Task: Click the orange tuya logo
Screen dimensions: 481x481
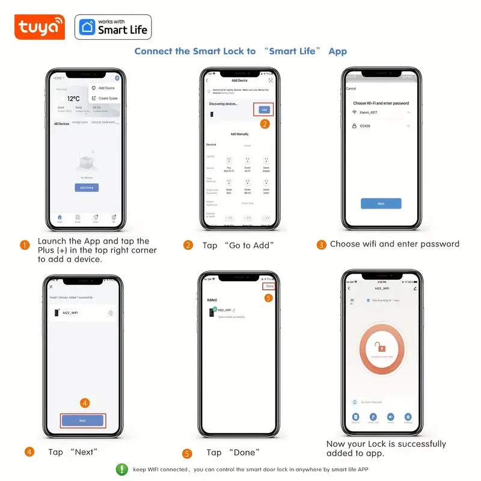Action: [39, 27]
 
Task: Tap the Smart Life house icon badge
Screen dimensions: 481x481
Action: [86, 28]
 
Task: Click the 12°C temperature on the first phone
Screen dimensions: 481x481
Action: [73, 99]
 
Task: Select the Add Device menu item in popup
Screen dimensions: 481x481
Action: [106, 88]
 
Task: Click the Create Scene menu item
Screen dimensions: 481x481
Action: [108, 98]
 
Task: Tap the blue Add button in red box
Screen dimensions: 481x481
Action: [264, 109]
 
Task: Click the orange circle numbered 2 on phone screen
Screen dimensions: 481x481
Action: [265, 124]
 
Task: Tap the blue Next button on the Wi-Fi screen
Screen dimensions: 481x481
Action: [381, 204]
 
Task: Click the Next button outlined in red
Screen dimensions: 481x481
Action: [82, 420]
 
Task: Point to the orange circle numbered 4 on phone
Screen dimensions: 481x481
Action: [85, 403]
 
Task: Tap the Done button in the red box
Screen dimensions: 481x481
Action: [269, 286]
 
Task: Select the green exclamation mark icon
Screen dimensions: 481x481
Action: [122, 469]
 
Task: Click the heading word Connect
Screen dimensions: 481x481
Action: [153, 51]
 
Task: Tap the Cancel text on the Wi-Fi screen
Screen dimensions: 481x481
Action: [351, 88]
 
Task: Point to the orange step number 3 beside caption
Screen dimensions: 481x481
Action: [322, 245]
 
